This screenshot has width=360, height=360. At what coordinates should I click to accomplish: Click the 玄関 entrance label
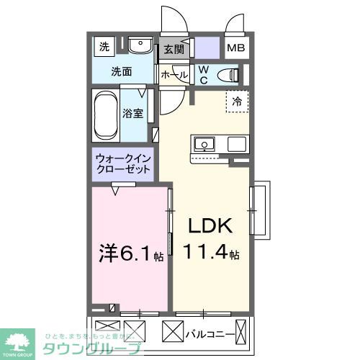coord(173,50)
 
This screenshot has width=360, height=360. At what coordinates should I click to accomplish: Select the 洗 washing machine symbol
coord(104,48)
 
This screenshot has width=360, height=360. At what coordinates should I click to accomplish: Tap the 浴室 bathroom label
coord(132,113)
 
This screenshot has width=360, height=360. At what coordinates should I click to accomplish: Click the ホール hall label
coord(174,75)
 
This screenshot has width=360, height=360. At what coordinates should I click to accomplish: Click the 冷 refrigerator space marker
coord(236,102)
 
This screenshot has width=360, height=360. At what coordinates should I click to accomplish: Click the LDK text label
coord(210,227)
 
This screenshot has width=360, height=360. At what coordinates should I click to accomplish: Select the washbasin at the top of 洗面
coord(140,46)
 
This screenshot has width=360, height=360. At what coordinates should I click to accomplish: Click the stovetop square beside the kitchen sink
coord(237,144)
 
